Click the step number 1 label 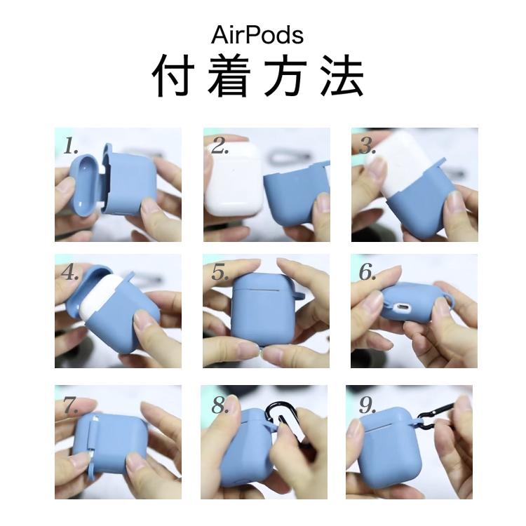click(x=70, y=146)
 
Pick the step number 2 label click(x=220, y=146)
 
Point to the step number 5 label click(x=220, y=273)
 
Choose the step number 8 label click(x=220, y=405)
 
